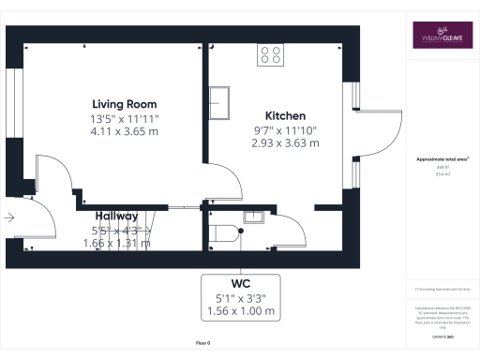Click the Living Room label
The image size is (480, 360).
(124, 103)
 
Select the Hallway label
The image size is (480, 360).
(115, 216)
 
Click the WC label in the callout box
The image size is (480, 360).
(240, 282)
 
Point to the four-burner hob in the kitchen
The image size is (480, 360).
(271, 55)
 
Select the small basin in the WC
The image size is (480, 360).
(253, 217)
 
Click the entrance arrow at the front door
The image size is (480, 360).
(9, 217)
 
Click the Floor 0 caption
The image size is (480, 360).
(202, 344)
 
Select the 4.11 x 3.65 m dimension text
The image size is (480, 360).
(124, 135)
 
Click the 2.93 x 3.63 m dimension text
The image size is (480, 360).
(285, 143)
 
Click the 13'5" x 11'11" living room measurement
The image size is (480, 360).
(124, 119)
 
